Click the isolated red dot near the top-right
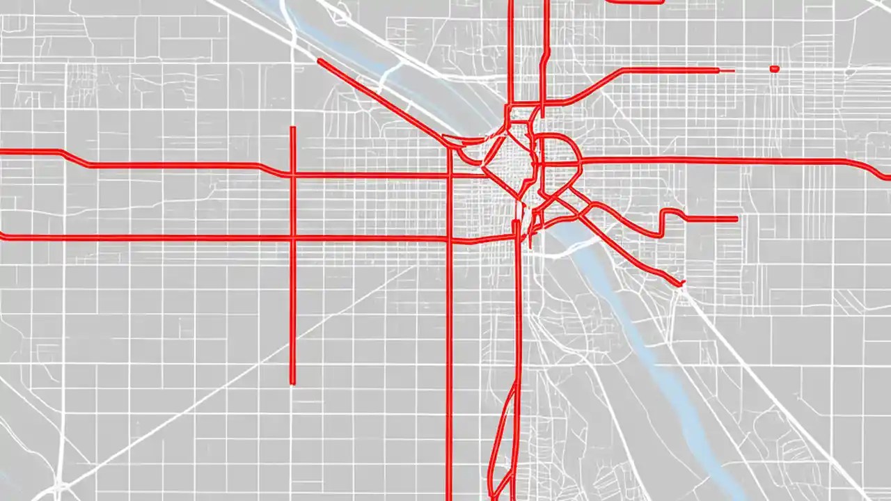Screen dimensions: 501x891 tap(774, 68)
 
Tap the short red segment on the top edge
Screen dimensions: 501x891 tap(635, 2)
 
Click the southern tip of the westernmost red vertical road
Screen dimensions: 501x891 tap(292, 382)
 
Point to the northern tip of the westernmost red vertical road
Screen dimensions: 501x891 tap(292, 128)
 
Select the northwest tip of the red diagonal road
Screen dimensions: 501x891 tap(320, 61)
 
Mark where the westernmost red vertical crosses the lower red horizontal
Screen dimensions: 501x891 tap(292, 238)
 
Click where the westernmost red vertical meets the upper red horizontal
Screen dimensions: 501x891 tap(292, 175)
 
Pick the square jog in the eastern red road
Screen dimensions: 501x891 tap(670, 212)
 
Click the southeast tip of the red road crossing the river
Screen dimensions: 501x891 tap(682, 283)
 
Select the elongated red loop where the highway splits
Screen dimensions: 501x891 tap(504, 438)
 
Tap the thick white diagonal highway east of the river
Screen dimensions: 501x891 tap(766, 390)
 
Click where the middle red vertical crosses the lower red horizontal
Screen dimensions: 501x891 tap(450, 240)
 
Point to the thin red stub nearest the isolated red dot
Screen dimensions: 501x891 tap(727, 70)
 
